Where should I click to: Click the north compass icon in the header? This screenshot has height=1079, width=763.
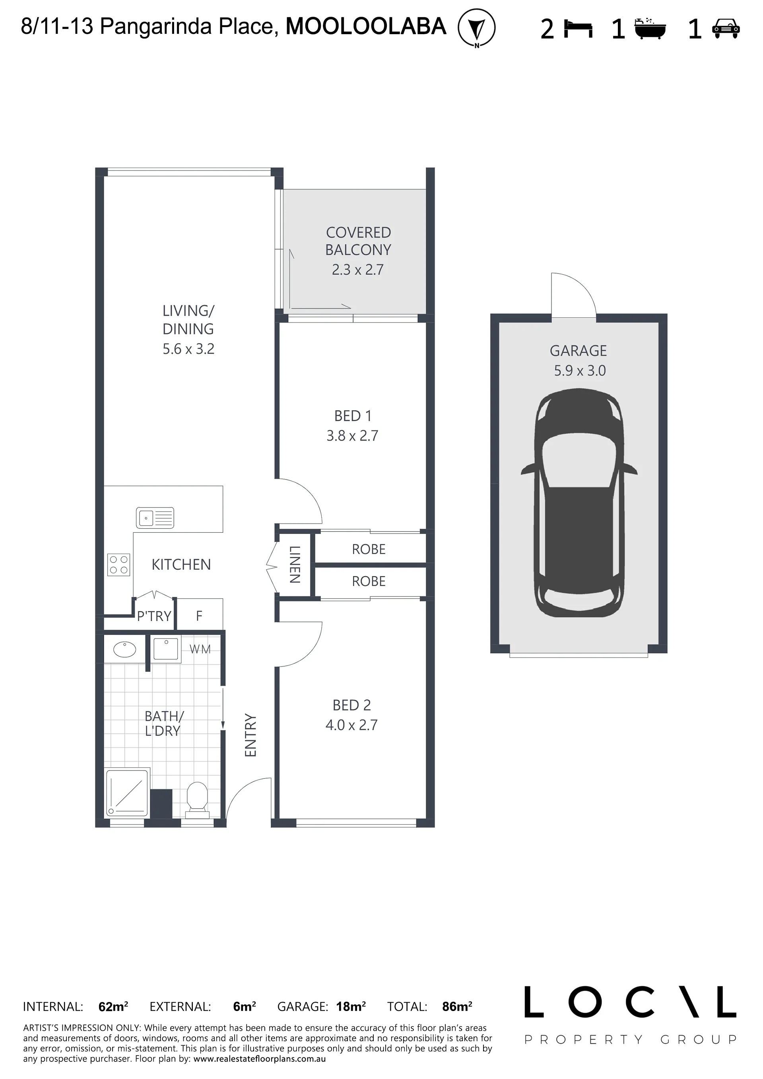coord(477,28)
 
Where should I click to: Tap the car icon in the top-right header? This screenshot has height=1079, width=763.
coord(726,29)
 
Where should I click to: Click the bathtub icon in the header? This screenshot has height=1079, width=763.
coord(650,28)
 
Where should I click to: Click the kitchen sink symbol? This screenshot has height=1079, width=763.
coord(155,518)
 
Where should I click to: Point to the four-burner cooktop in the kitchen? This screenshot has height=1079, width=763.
coord(118,565)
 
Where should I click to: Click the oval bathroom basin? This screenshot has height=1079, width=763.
coord(124,650)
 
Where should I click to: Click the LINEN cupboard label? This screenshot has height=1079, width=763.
coord(294,565)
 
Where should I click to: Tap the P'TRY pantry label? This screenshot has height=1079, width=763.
coord(154,616)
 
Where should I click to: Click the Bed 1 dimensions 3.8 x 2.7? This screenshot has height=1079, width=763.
coord(352,436)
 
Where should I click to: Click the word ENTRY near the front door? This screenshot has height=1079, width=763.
coord(250,735)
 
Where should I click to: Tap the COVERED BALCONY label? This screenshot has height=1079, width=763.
coord(358,241)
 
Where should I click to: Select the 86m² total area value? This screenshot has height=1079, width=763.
coord(457,1006)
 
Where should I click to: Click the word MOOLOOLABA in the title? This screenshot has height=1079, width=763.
coord(366,26)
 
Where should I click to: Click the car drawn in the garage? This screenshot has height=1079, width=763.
coord(579,503)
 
